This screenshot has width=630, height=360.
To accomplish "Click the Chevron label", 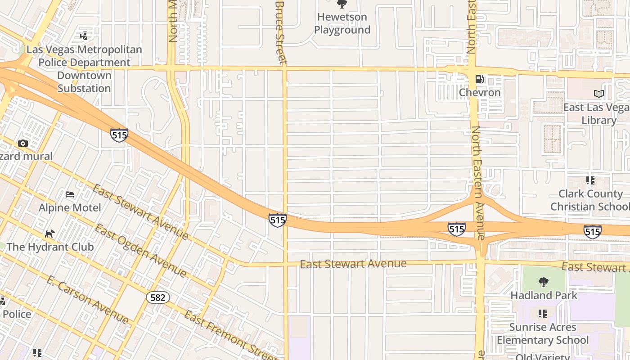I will tap(480, 93).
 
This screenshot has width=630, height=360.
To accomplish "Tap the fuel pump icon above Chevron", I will tap(480, 80).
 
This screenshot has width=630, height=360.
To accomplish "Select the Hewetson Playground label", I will tap(342, 23).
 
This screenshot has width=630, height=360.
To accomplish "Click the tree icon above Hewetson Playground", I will tap(342, 4).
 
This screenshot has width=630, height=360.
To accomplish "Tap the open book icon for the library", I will tap(599, 94).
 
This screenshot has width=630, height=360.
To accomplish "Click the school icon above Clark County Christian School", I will tap(590, 181).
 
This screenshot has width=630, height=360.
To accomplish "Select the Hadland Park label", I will tap(544, 296).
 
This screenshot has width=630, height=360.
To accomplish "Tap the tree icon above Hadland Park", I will tap(544, 283).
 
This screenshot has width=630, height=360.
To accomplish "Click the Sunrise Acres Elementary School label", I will tap(543, 333).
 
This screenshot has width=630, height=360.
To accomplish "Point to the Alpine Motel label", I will tap(70, 208).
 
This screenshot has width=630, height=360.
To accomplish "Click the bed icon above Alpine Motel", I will tap(70, 194).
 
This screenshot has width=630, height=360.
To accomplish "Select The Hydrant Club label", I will tap(50, 247).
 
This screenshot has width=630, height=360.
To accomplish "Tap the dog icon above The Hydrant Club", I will tap(50, 234).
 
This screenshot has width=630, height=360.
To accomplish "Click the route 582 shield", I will tap(157, 297).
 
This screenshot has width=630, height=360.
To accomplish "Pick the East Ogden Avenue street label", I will tap(140, 251).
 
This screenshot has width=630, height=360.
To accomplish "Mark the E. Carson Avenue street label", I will tap(87, 300).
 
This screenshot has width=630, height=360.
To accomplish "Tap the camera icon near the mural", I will tap(23, 144).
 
